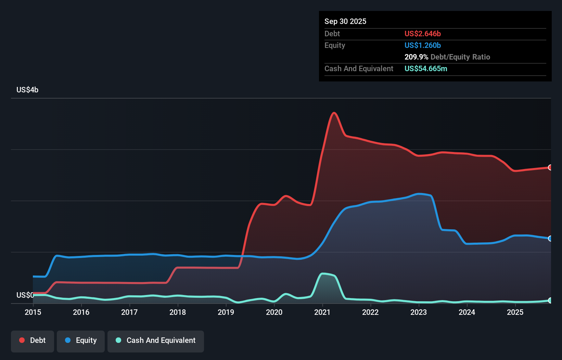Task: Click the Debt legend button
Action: click(33, 340)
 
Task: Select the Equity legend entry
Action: click(81, 340)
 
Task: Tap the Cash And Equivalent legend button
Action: click(156, 340)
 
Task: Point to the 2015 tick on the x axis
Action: click(33, 312)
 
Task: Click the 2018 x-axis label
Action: click(178, 312)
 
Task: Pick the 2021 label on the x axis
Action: click(322, 312)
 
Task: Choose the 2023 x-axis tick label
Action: click(419, 312)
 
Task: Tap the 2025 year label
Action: click(515, 312)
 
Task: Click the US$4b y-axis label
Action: click(27, 90)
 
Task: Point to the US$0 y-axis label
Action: click(25, 295)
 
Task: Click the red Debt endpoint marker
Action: click(550, 167)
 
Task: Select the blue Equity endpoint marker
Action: click(550, 239)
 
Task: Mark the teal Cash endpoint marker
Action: click(550, 300)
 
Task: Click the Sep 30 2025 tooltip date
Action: click(345, 21)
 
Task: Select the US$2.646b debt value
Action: click(422, 34)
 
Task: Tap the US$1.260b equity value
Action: click(422, 45)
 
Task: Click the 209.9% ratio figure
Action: click(416, 57)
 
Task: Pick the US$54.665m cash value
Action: click(425, 68)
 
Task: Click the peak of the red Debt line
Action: click(334, 113)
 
